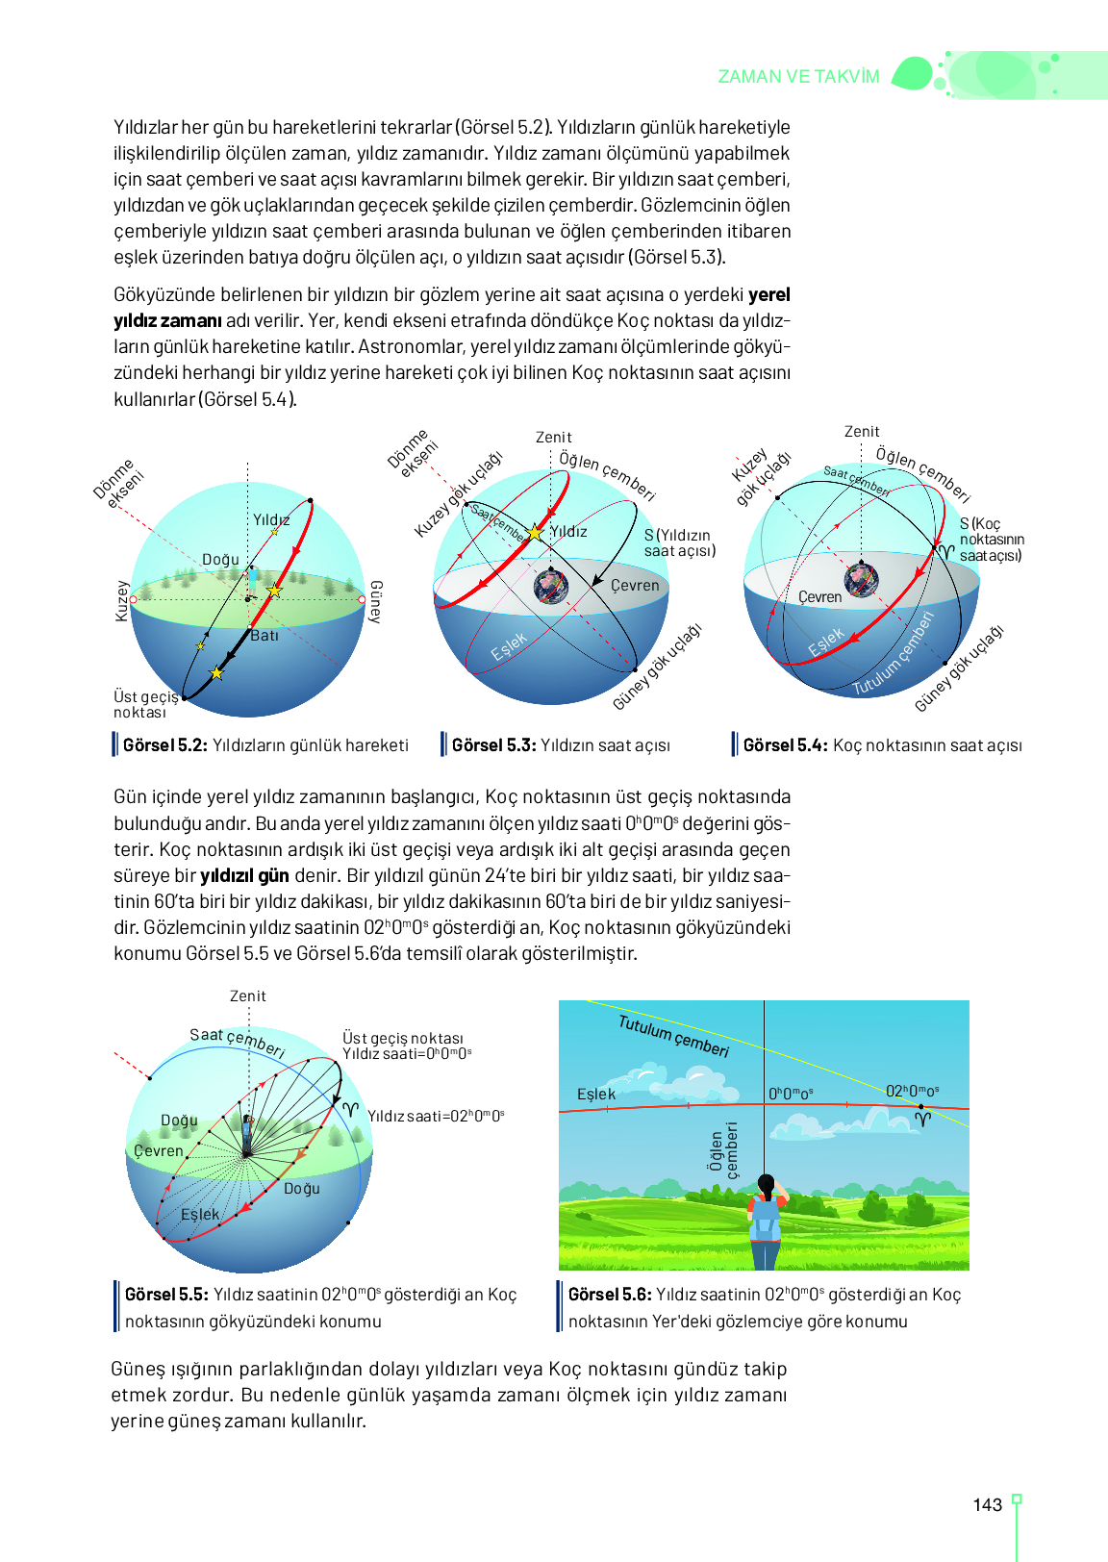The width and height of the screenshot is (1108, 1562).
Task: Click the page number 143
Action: [x=987, y=1505]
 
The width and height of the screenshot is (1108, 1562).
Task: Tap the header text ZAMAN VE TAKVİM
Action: [x=798, y=77]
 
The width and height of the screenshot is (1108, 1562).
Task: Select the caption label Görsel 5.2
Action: [x=164, y=745]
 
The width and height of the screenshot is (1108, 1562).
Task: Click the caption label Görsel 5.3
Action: [x=493, y=745]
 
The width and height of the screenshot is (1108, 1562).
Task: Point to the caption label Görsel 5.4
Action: [x=785, y=745]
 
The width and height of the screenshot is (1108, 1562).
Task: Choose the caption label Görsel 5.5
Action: [x=166, y=1295]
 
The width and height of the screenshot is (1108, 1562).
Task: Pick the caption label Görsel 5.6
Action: [x=610, y=1295]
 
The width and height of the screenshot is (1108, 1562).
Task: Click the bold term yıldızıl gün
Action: [x=244, y=876]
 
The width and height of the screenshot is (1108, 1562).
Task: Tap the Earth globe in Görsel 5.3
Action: [x=551, y=585]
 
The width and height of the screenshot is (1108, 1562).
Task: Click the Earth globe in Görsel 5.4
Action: [x=861, y=579]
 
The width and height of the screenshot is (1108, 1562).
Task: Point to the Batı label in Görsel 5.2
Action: [x=264, y=636]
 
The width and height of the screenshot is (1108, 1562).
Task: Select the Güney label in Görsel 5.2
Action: [x=376, y=601]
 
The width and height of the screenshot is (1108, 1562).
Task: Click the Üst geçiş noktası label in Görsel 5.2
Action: [x=145, y=704]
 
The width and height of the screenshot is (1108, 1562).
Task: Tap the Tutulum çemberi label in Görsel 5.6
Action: [x=673, y=1036]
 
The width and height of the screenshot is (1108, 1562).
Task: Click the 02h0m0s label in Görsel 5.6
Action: [x=912, y=1091]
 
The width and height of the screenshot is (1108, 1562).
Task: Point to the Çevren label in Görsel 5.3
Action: [x=635, y=585]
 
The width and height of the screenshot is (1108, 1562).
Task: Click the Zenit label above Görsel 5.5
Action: [x=248, y=996]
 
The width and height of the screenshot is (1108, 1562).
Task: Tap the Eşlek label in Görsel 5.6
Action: [x=596, y=1095]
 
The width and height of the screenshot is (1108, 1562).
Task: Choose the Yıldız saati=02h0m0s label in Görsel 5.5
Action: [x=436, y=1117]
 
